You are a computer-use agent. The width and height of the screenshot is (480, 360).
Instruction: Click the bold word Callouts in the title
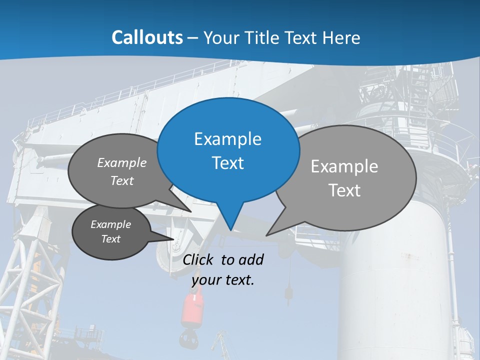(x=147, y=37)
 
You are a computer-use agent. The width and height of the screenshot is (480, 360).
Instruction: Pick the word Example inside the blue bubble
(x=227, y=139)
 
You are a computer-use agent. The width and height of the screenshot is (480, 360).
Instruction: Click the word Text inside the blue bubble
(x=227, y=163)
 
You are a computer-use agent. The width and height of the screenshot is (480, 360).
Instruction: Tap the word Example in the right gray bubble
(x=344, y=166)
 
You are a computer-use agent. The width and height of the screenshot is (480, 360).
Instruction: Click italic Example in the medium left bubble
(x=122, y=163)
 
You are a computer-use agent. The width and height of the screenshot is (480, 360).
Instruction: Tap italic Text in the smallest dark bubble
(x=111, y=239)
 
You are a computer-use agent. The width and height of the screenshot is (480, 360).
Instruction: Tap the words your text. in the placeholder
(x=223, y=280)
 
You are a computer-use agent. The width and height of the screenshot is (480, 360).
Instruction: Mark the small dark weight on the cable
(x=288, y=292)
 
